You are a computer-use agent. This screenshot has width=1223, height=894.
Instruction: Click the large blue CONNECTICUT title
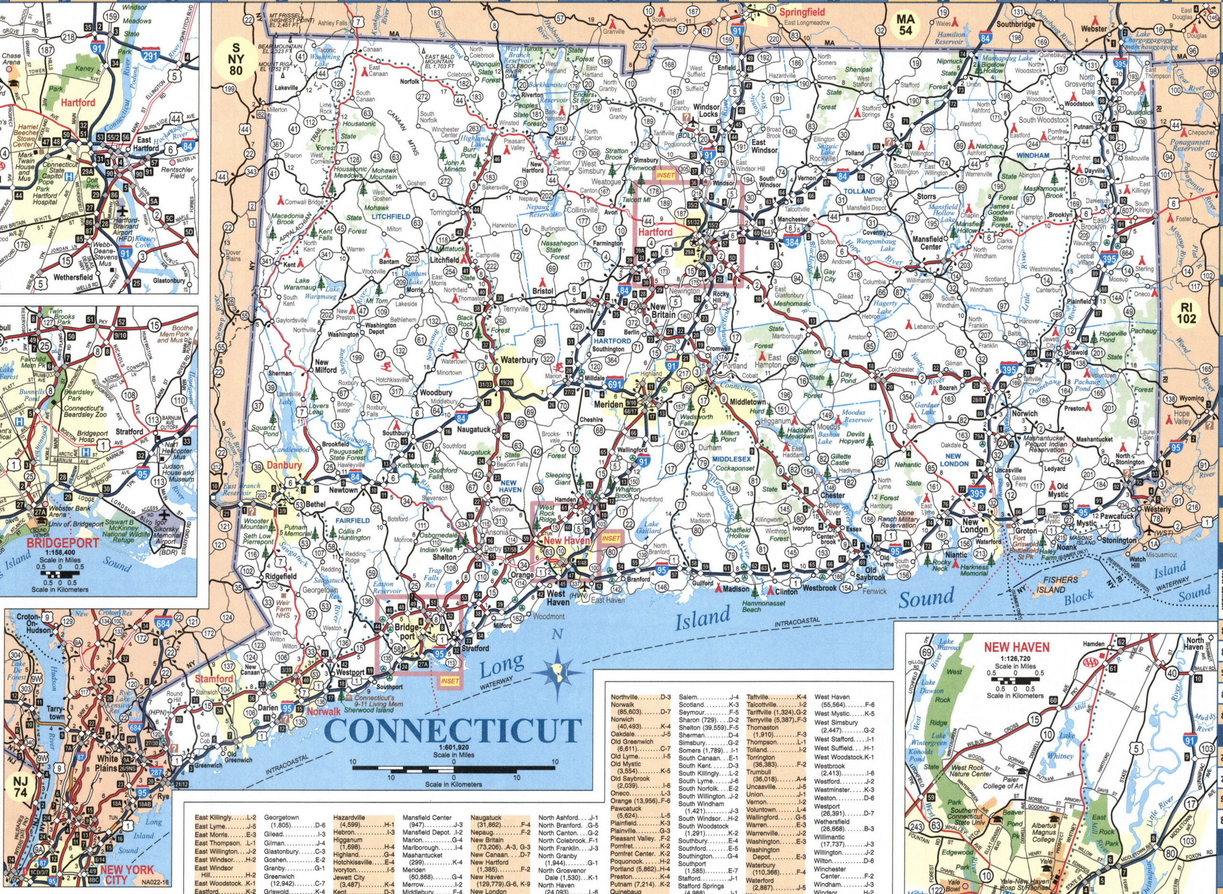453,731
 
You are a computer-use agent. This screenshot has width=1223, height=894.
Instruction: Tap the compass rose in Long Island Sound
558,672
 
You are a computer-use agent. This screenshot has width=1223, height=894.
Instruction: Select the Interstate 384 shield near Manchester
791,244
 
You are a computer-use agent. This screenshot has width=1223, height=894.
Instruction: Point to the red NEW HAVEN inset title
1016,646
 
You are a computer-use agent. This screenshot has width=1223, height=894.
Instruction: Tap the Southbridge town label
1015,24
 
